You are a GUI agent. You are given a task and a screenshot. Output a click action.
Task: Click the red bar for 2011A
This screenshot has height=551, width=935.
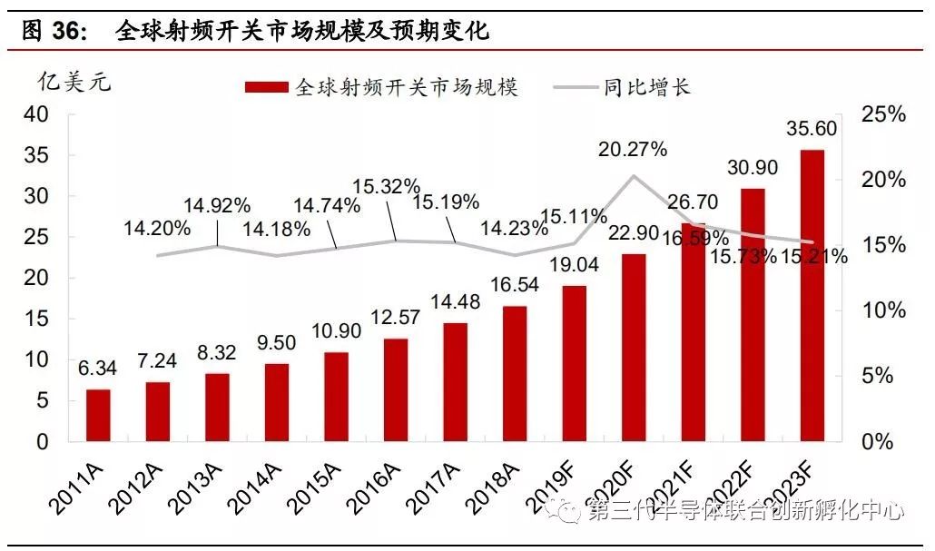(98, 415)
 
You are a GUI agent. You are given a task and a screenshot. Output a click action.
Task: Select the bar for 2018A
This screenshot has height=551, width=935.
(514, 373)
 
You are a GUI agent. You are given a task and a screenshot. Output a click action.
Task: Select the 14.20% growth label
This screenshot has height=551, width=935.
(157, 227)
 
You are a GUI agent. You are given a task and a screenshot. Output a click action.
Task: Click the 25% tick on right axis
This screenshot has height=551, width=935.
(883, 114)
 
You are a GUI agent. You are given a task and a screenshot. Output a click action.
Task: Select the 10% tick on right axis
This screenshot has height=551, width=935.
(883, 310)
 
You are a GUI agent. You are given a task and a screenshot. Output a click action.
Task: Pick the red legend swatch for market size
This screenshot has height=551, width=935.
(268, 87)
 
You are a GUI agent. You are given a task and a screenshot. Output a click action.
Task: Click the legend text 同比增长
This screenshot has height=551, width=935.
(646, 87)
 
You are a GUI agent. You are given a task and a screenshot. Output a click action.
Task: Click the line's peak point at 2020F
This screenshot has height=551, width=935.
(633, 176)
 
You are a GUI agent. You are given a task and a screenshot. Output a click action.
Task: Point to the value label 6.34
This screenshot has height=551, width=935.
(98, 368)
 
